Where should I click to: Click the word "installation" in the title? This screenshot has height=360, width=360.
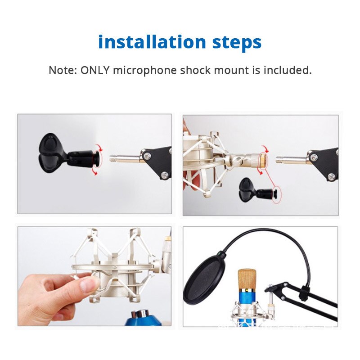coord(152,42)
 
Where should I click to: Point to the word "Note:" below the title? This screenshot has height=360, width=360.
coord(63,70)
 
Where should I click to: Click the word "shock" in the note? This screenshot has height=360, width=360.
coord(198,70)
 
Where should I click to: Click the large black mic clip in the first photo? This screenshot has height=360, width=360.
coord(54,153)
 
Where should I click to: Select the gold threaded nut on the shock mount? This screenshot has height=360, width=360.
coord(259,160)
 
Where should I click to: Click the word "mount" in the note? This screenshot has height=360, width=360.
coord(234,70)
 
